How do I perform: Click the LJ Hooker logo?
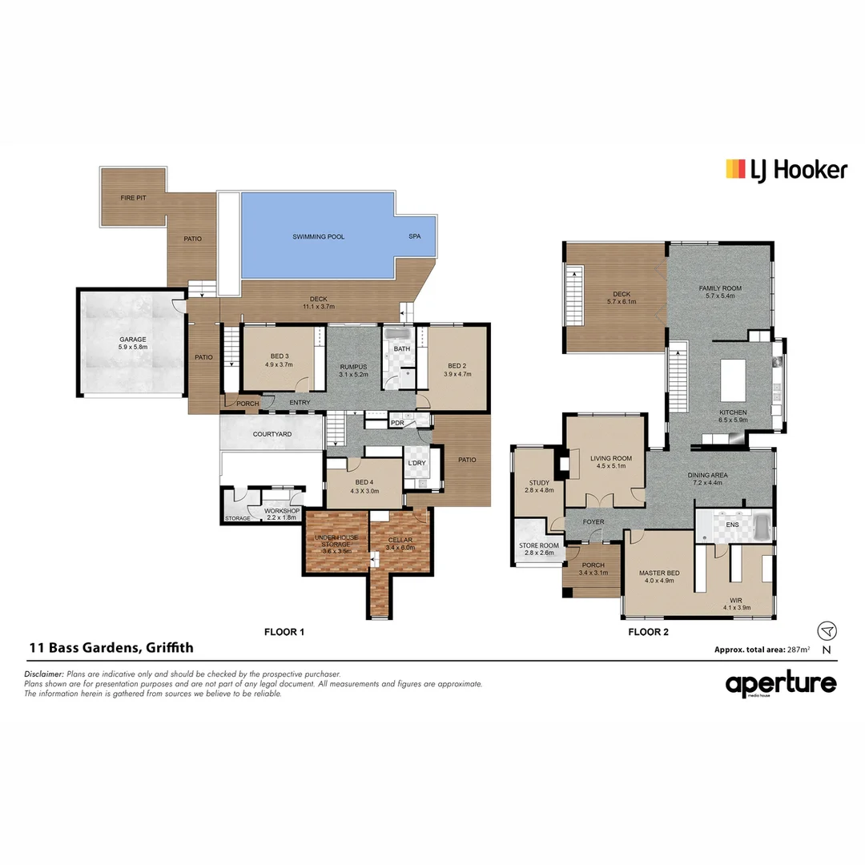click(x=786, y=169)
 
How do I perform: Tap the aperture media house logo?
click(x=781, y=685)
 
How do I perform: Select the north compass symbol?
click(x=827, y=631)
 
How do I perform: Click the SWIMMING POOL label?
click(x=318, y=237)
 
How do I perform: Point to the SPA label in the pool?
click(x=415, y=237)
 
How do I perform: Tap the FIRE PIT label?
click(x=133, y=197)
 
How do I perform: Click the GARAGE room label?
click(x=133, y=340)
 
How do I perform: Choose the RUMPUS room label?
click(x=352, y=367)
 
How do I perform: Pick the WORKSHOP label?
click(x=283, y=511)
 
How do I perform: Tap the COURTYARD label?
click(x=272, y=434)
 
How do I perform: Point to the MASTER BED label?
click(x=658, y=573)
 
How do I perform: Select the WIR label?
click(x=735, y=600)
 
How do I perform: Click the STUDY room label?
click(x=538, y=483)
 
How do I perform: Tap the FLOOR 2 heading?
click(x=648, y=632)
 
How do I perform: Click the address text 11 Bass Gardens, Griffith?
click(x=111, y=648)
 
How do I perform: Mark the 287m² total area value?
click(x=797, y=650)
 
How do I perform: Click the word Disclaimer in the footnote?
click(x=44, y=674)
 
